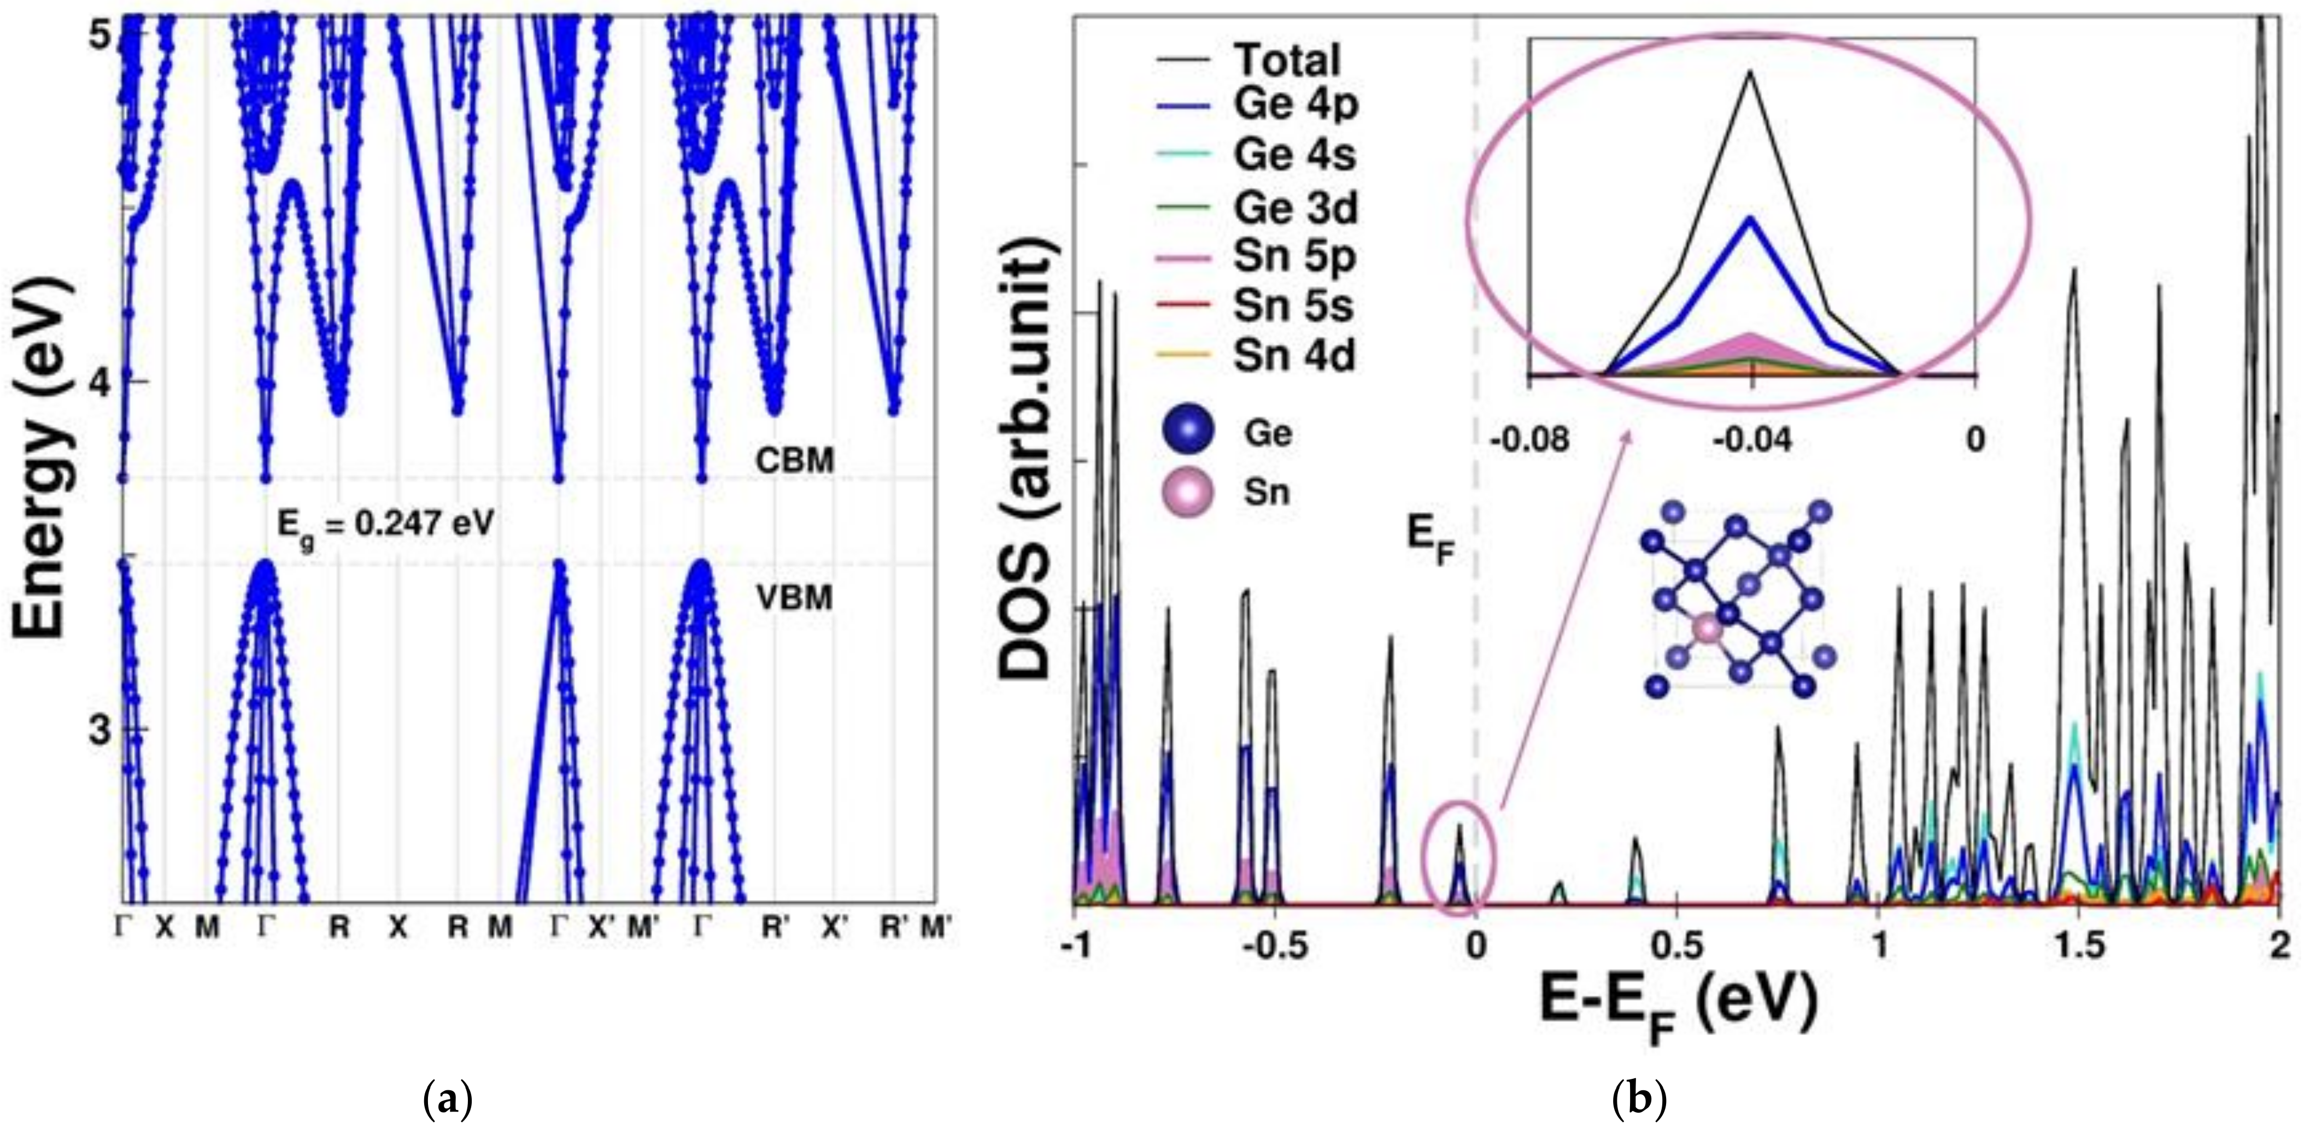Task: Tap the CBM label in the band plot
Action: point(794,461)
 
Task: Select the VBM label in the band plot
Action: point(794,597)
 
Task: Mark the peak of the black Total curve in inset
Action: point(1750,73)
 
